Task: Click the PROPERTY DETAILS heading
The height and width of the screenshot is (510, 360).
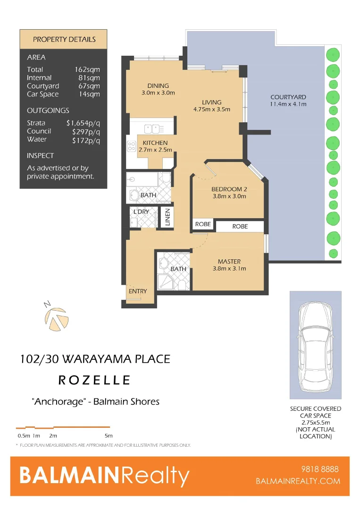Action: (64, 39)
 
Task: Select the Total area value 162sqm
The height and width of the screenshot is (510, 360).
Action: (87, 69)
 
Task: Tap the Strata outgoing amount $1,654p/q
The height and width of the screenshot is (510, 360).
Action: (83, 123)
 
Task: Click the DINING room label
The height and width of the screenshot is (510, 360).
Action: (158, 85)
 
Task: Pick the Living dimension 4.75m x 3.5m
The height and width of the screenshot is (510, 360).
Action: (211, 110)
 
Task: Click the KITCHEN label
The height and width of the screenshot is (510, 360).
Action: (155, 143)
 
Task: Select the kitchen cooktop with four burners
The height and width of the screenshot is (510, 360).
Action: (131, 147)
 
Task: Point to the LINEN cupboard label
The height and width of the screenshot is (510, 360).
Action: (167, 218)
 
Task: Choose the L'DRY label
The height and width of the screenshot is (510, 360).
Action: (141, 212)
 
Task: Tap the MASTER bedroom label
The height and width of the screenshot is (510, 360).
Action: (229, 261)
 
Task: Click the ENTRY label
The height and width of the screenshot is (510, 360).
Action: (138, 291)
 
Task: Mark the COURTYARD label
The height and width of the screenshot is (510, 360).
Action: (288, 97)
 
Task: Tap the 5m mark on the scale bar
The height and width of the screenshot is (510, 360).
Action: (109, 435)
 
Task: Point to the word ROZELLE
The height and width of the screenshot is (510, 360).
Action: (94, 380)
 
